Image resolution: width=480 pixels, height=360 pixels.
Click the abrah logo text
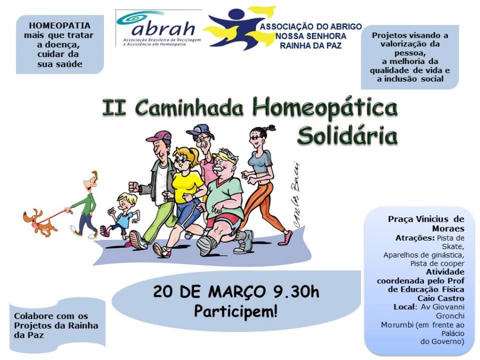tap(164, 29)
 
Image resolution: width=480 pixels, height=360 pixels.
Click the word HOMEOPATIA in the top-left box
tap(60, 26)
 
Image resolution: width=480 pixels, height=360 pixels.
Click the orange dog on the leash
tap(40, 222)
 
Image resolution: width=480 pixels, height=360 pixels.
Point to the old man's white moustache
tap(219, 168)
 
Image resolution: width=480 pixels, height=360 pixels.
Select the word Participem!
tap(236, 311)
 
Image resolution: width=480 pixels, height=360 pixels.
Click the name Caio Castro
tap(441, 298)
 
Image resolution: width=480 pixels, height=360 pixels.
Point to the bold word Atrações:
tap(414, 238)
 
